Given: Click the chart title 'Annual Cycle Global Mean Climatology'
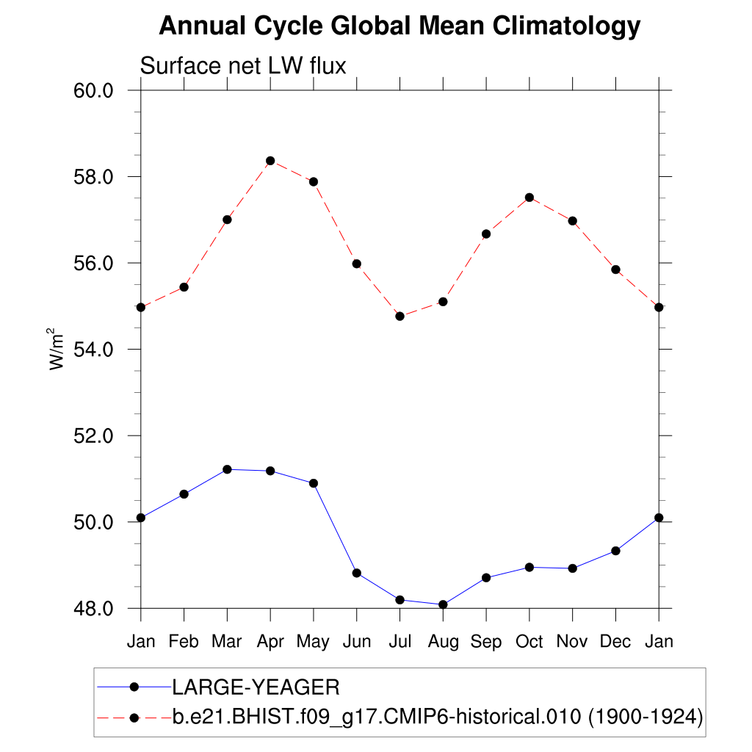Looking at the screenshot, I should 399,26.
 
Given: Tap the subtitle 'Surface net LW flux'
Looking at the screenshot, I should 242,66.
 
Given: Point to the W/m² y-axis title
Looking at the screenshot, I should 58,349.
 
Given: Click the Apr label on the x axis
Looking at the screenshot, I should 270,641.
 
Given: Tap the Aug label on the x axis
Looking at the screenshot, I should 443,641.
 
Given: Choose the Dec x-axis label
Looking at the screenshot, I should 615,641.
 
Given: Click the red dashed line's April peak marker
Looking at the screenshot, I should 270,161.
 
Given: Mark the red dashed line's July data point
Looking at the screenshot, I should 399,317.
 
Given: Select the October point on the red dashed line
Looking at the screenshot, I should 529,198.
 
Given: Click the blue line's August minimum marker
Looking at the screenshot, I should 443,604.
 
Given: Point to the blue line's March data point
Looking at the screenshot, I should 227,469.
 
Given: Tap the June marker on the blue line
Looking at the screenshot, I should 357,573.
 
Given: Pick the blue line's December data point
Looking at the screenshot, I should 615,551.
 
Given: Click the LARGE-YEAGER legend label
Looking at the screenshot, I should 256,687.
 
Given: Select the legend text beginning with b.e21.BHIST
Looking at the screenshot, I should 438,717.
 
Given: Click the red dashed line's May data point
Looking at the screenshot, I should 314,181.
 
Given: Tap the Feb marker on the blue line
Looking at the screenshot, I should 184,494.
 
